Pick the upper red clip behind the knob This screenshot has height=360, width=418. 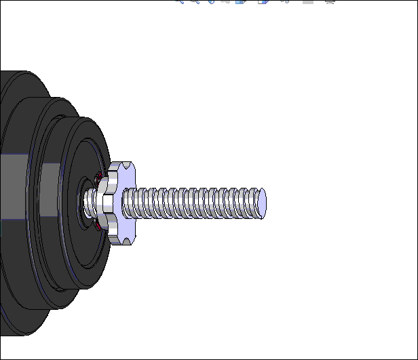click(99, 178)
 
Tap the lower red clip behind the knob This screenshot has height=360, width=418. click(99, 226)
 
